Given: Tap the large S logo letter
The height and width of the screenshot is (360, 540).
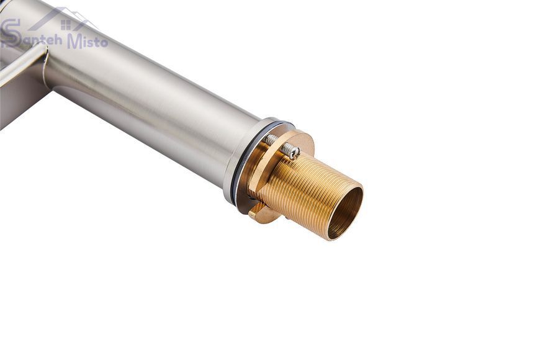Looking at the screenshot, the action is click(x=10, y=34).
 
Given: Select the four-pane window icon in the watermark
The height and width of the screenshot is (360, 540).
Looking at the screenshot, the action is click(x=65, y=25).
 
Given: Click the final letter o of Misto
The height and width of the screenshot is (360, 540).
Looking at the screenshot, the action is click(x=104, y=43).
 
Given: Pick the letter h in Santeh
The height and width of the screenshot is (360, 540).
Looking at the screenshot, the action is click(x=57, y=39).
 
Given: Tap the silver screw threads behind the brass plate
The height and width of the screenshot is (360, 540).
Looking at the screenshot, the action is click(x=272, y=139).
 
